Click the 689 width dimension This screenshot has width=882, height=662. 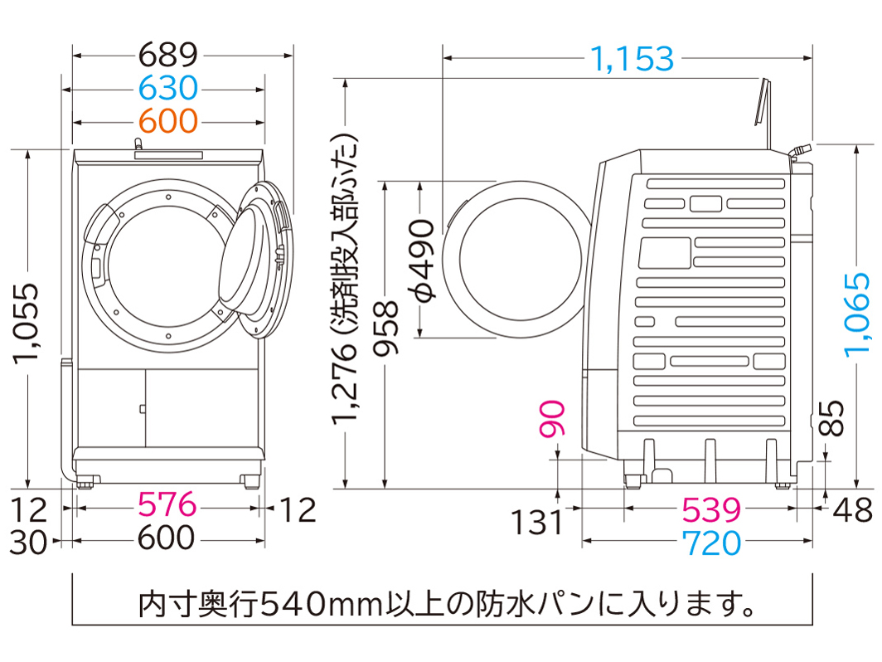tap(168, 56)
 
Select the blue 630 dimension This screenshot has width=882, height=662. tap(168, 88)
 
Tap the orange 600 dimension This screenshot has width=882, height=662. tap(168, 121)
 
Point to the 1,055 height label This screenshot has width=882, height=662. tap(27, 324)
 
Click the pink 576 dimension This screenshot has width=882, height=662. tap(167, 504)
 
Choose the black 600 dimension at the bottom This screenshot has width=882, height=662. tap(167, 538)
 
